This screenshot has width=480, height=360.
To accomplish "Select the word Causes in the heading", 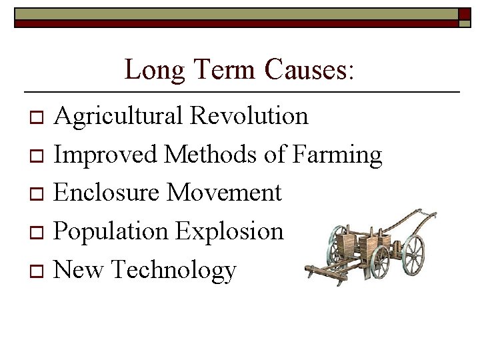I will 305,69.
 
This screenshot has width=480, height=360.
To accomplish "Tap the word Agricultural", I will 119,117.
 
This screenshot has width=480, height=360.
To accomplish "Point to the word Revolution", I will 249,115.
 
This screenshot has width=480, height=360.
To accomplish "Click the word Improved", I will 105,155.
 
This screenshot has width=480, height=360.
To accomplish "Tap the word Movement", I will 225,193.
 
